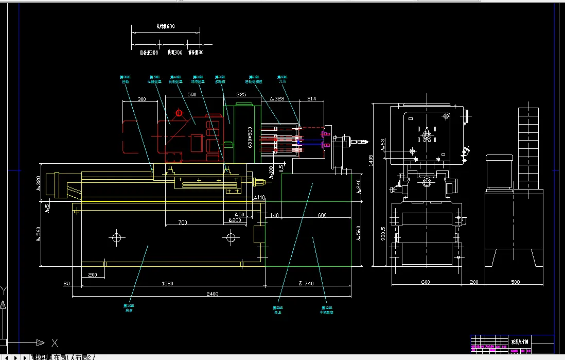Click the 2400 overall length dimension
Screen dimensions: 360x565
212,294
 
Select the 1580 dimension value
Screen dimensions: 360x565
167,283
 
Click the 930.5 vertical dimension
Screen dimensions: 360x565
382,234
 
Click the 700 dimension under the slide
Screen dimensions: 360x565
182,222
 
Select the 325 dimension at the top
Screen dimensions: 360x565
241,95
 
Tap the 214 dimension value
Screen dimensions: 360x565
311,98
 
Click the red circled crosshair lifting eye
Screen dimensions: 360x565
179,113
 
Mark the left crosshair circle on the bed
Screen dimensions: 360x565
117,237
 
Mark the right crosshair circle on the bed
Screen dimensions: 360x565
231,237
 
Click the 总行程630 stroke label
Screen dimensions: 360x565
165,26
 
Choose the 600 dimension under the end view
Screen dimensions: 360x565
426,282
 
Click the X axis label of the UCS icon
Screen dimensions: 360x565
55,343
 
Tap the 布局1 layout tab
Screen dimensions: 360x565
61,357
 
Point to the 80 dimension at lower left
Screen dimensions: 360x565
66,283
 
